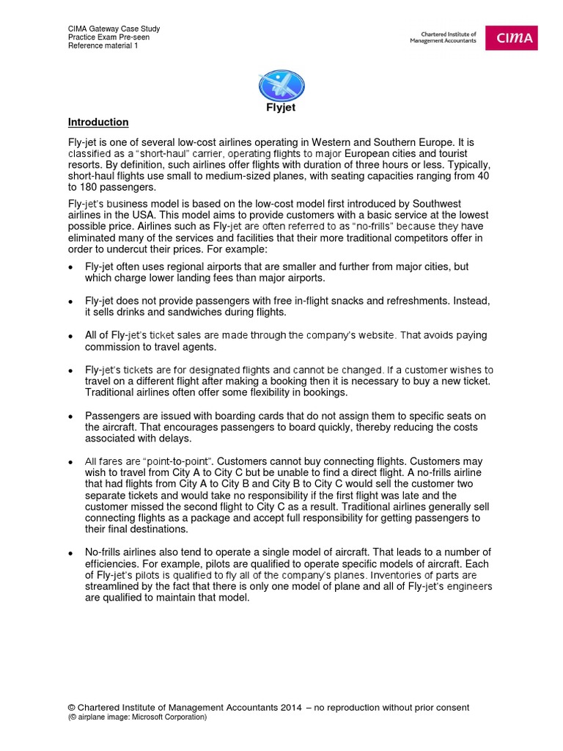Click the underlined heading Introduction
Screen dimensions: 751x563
tap(98, 122)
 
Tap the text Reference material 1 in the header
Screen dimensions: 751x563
tap(103, 46)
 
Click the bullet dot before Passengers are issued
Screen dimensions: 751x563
tap(71, 417)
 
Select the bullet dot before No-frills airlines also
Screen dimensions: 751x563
tap(71, 553)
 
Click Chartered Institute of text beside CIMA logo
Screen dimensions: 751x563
tap(444, 34)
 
